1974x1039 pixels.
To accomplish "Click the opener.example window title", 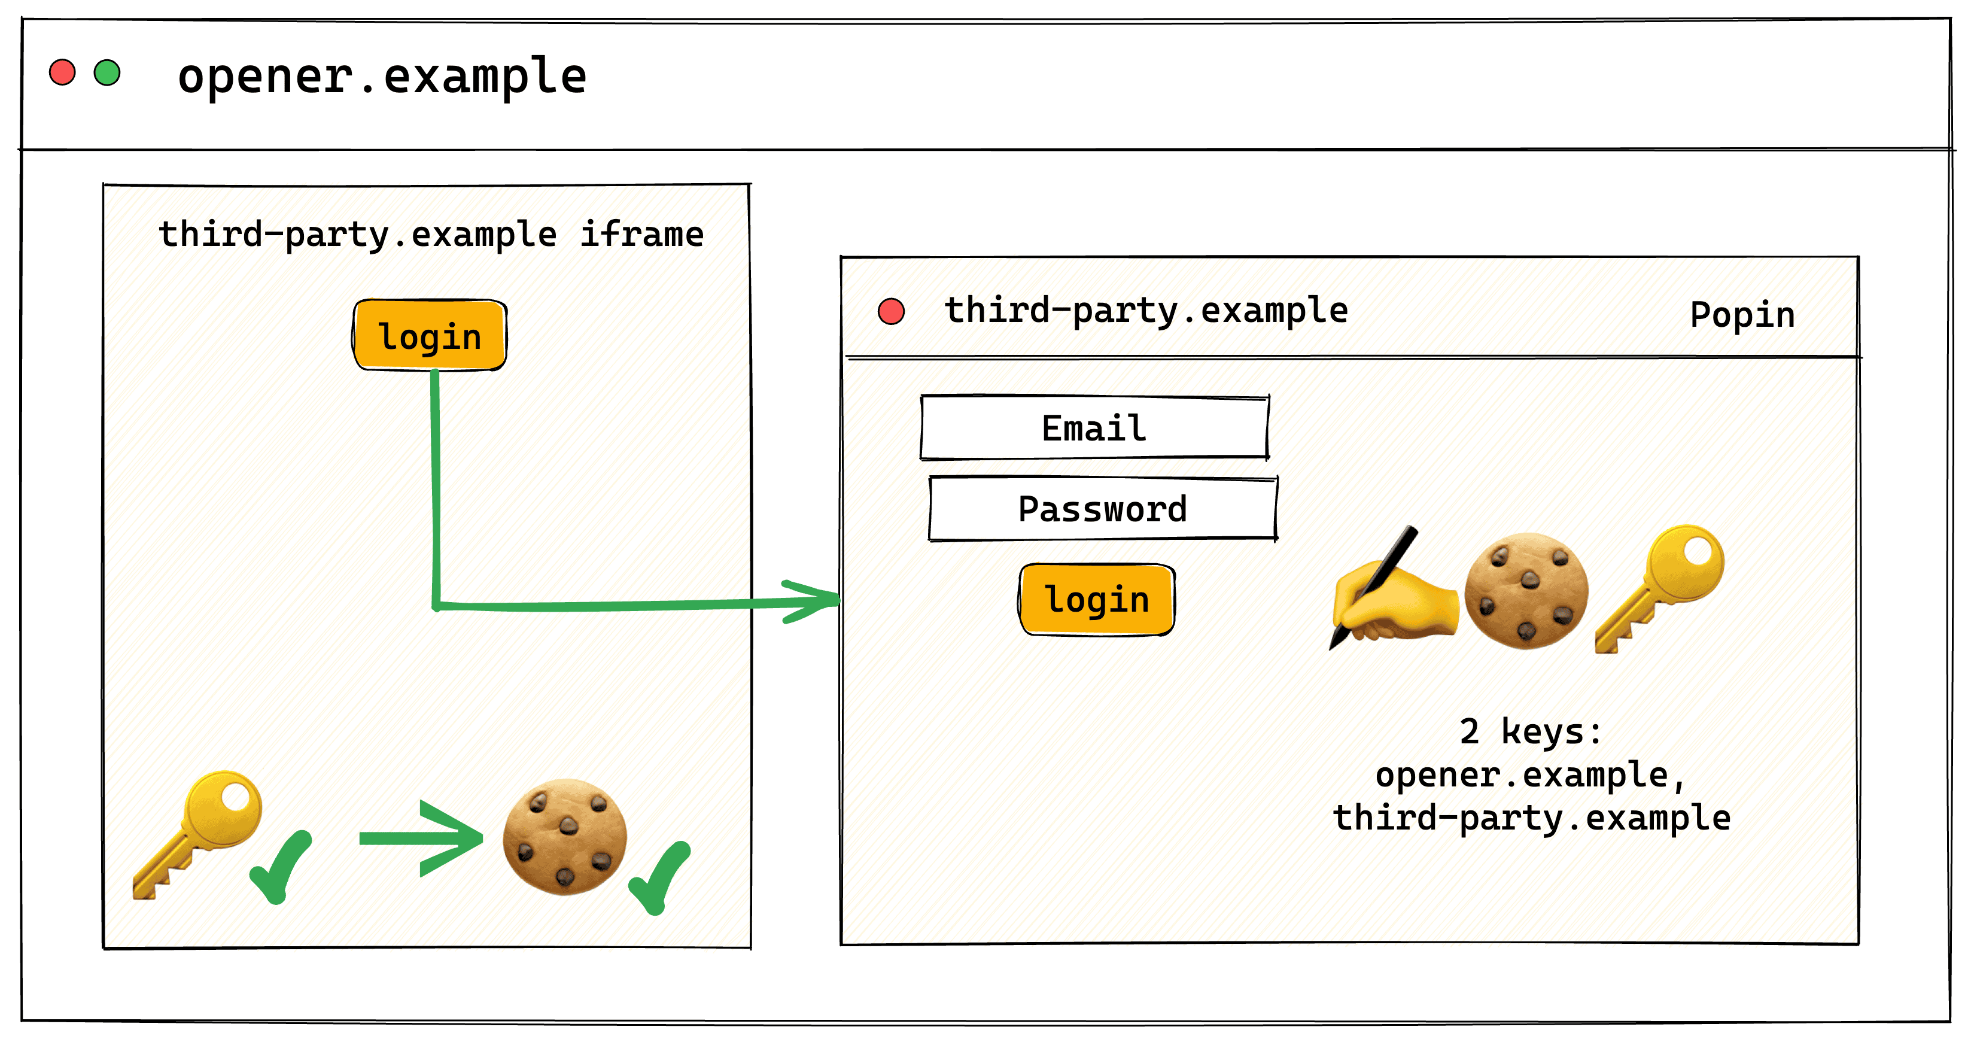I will tap(382, 77).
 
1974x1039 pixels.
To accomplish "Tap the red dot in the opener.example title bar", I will tap(62, 73).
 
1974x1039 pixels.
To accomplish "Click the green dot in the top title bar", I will tap(107, 73).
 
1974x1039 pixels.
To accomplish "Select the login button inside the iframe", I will tap(430, 336).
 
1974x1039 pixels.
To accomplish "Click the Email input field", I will tap(1094, 427).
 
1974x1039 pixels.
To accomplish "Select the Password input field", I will tap(1103, 509).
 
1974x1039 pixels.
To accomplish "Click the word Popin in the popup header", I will tap(1742, 314).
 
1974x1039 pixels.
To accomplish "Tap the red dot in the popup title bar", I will tap(890, 311).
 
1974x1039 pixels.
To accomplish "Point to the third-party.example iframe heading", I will tap(431, 233).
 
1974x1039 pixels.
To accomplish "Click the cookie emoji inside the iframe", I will tap(565, 837).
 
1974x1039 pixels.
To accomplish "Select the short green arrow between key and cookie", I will tap(421, 839).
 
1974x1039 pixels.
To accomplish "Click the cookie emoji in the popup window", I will tap(1526, 591).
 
